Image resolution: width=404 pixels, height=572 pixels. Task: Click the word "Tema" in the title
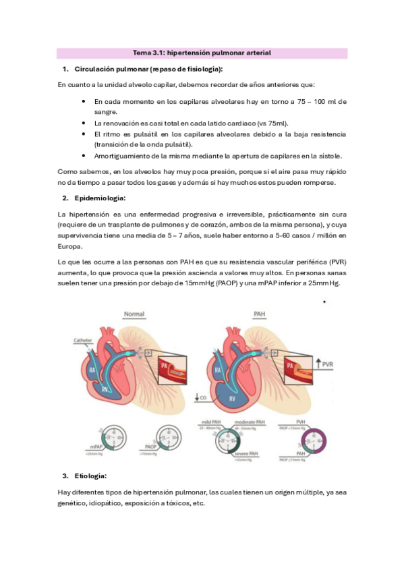(142, 53)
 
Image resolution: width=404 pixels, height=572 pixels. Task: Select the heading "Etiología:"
(91, 476)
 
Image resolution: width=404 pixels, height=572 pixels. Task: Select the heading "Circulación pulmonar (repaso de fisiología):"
(148, 69)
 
